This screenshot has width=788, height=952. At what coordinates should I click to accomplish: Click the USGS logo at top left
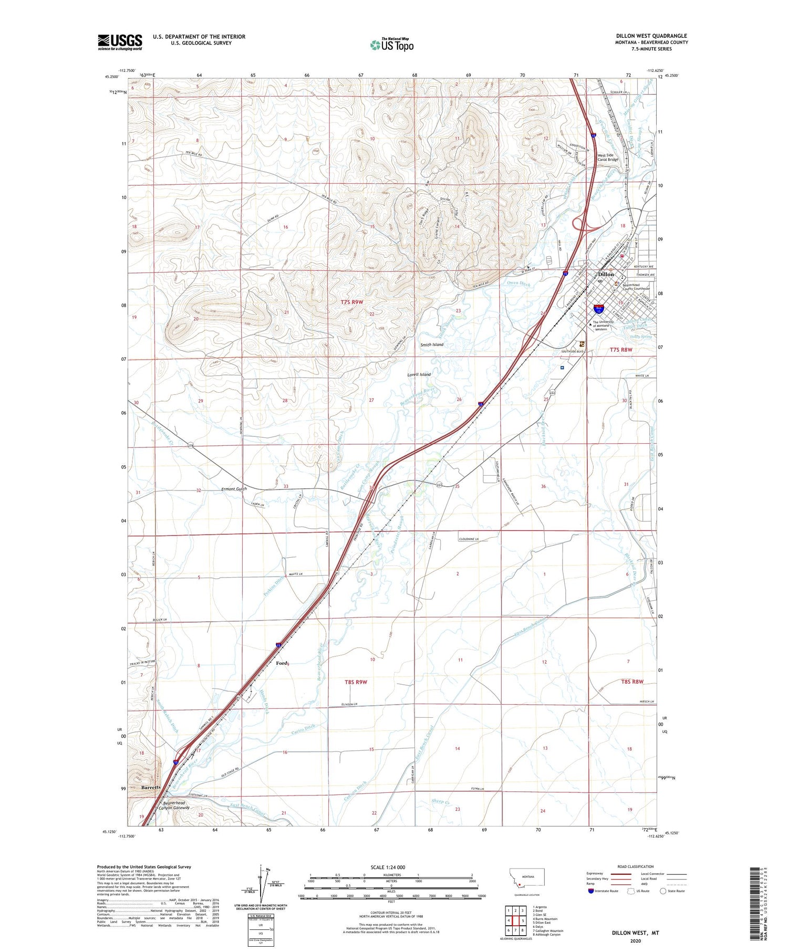point(120,42)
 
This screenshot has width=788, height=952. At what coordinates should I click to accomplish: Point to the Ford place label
point(282,663)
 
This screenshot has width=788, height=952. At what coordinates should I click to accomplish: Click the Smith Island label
point(432,344)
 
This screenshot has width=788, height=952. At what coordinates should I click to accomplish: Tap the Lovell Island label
point(419,374)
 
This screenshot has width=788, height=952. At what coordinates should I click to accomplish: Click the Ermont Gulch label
point(234,489)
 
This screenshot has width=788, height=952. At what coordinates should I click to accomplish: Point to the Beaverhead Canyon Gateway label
point(174,805)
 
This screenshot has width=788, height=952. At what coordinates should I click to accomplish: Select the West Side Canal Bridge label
point(608,158)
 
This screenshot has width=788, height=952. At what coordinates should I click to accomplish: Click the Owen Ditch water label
point(519,283)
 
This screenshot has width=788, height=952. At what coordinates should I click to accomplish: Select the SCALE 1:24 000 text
point(391,867)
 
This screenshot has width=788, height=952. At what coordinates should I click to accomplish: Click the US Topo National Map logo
point(391,45)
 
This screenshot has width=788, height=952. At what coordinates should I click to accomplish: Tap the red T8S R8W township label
point(631,682)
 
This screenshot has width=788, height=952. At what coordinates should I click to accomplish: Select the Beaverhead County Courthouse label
point(636,287)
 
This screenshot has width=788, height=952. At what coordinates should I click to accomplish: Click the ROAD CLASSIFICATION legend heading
point(635,866)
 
